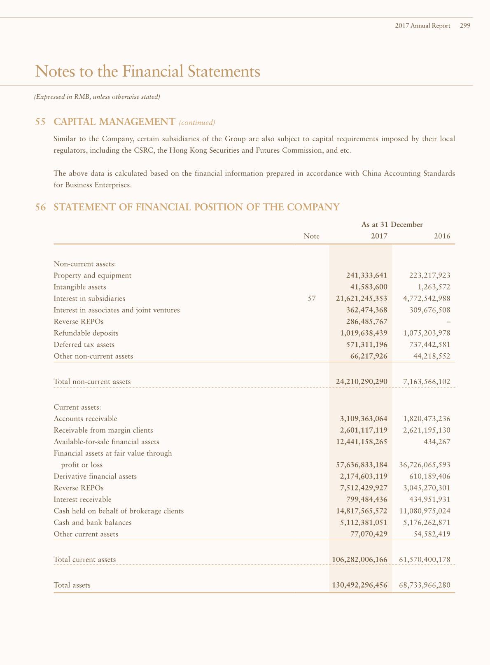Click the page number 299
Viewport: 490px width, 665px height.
pyautogui.click(x=465, y=26)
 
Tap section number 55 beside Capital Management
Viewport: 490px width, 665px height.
pyautogui.click(x=40, y=122)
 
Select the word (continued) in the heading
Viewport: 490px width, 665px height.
pyautogui.click(x=197, y=122)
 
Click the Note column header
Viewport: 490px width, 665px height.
pyautogui.click(x=311, y=236)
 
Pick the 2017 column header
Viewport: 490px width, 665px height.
pyautogui.click(x=379, y=236)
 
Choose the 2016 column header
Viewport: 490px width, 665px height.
pyautogui.click(x=442, y=236)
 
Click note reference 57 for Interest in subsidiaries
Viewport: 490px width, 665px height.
pyautogui.click(x=312, y=299)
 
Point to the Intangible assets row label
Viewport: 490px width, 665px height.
pyautogui.click(x=80, y=287)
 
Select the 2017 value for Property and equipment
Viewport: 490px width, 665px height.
pyautogui.click(x=366, y=275)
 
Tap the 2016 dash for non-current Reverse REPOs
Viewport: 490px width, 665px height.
pyautogui.click(x=448, y=322)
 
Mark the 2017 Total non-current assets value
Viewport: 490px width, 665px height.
pyautogui.click(x=362, y=382)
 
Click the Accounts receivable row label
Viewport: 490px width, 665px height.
pyautogui.click(x=85, y=419)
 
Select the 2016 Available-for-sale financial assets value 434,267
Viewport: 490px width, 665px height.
pyautogui.click(x=437, y=442)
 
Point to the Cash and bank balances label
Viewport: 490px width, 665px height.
pyautogui.click(x=93, y=523)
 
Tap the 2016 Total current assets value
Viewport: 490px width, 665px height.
pyautogui.click(x=425, y=560)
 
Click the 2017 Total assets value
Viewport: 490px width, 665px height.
pyautogui.click(x=359, y=585)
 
